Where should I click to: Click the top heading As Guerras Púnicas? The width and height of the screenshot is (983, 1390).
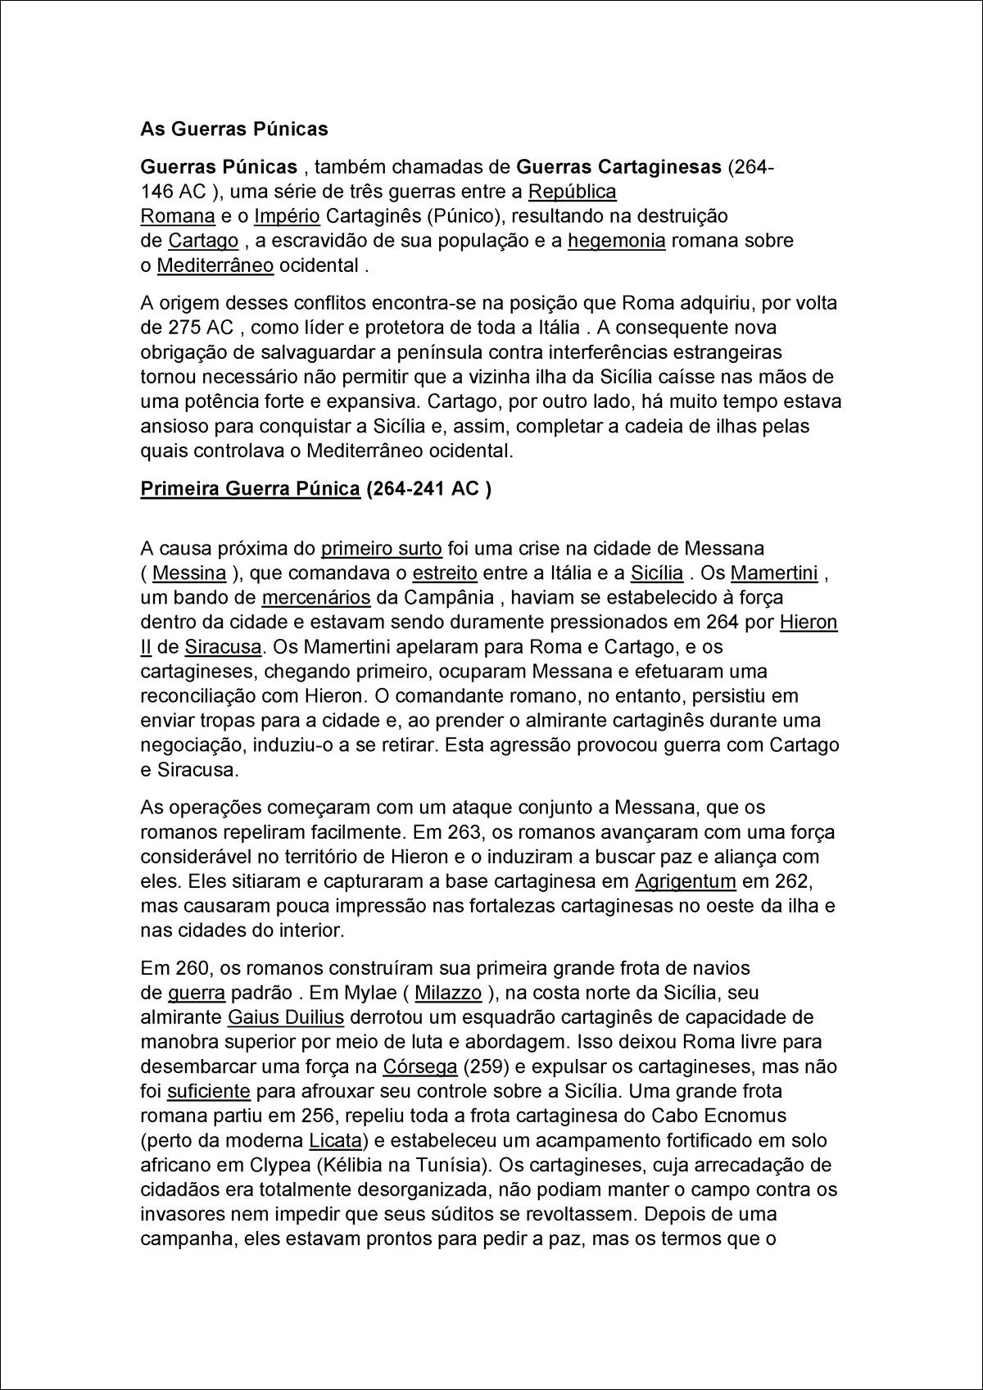click(x=234, y=129)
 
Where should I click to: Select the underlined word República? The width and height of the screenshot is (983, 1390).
click(x=572, y=192)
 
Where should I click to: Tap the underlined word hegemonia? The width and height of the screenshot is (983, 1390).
click(x=616, y=241)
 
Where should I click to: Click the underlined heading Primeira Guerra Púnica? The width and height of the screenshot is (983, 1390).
click(x=251, y=489)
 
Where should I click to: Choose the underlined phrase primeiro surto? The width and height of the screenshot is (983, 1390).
click(x=382, y=548)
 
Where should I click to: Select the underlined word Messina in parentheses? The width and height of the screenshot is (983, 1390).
click(x=189, y=573)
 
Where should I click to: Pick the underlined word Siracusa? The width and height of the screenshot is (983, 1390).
click(x=223, y=646)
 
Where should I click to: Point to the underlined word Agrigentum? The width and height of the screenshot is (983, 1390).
click(x=686, y=882)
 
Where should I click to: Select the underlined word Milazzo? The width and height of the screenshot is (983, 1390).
click(x=448, y=993)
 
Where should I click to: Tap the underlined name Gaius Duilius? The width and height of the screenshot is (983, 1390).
click(x=285, y=1017)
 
